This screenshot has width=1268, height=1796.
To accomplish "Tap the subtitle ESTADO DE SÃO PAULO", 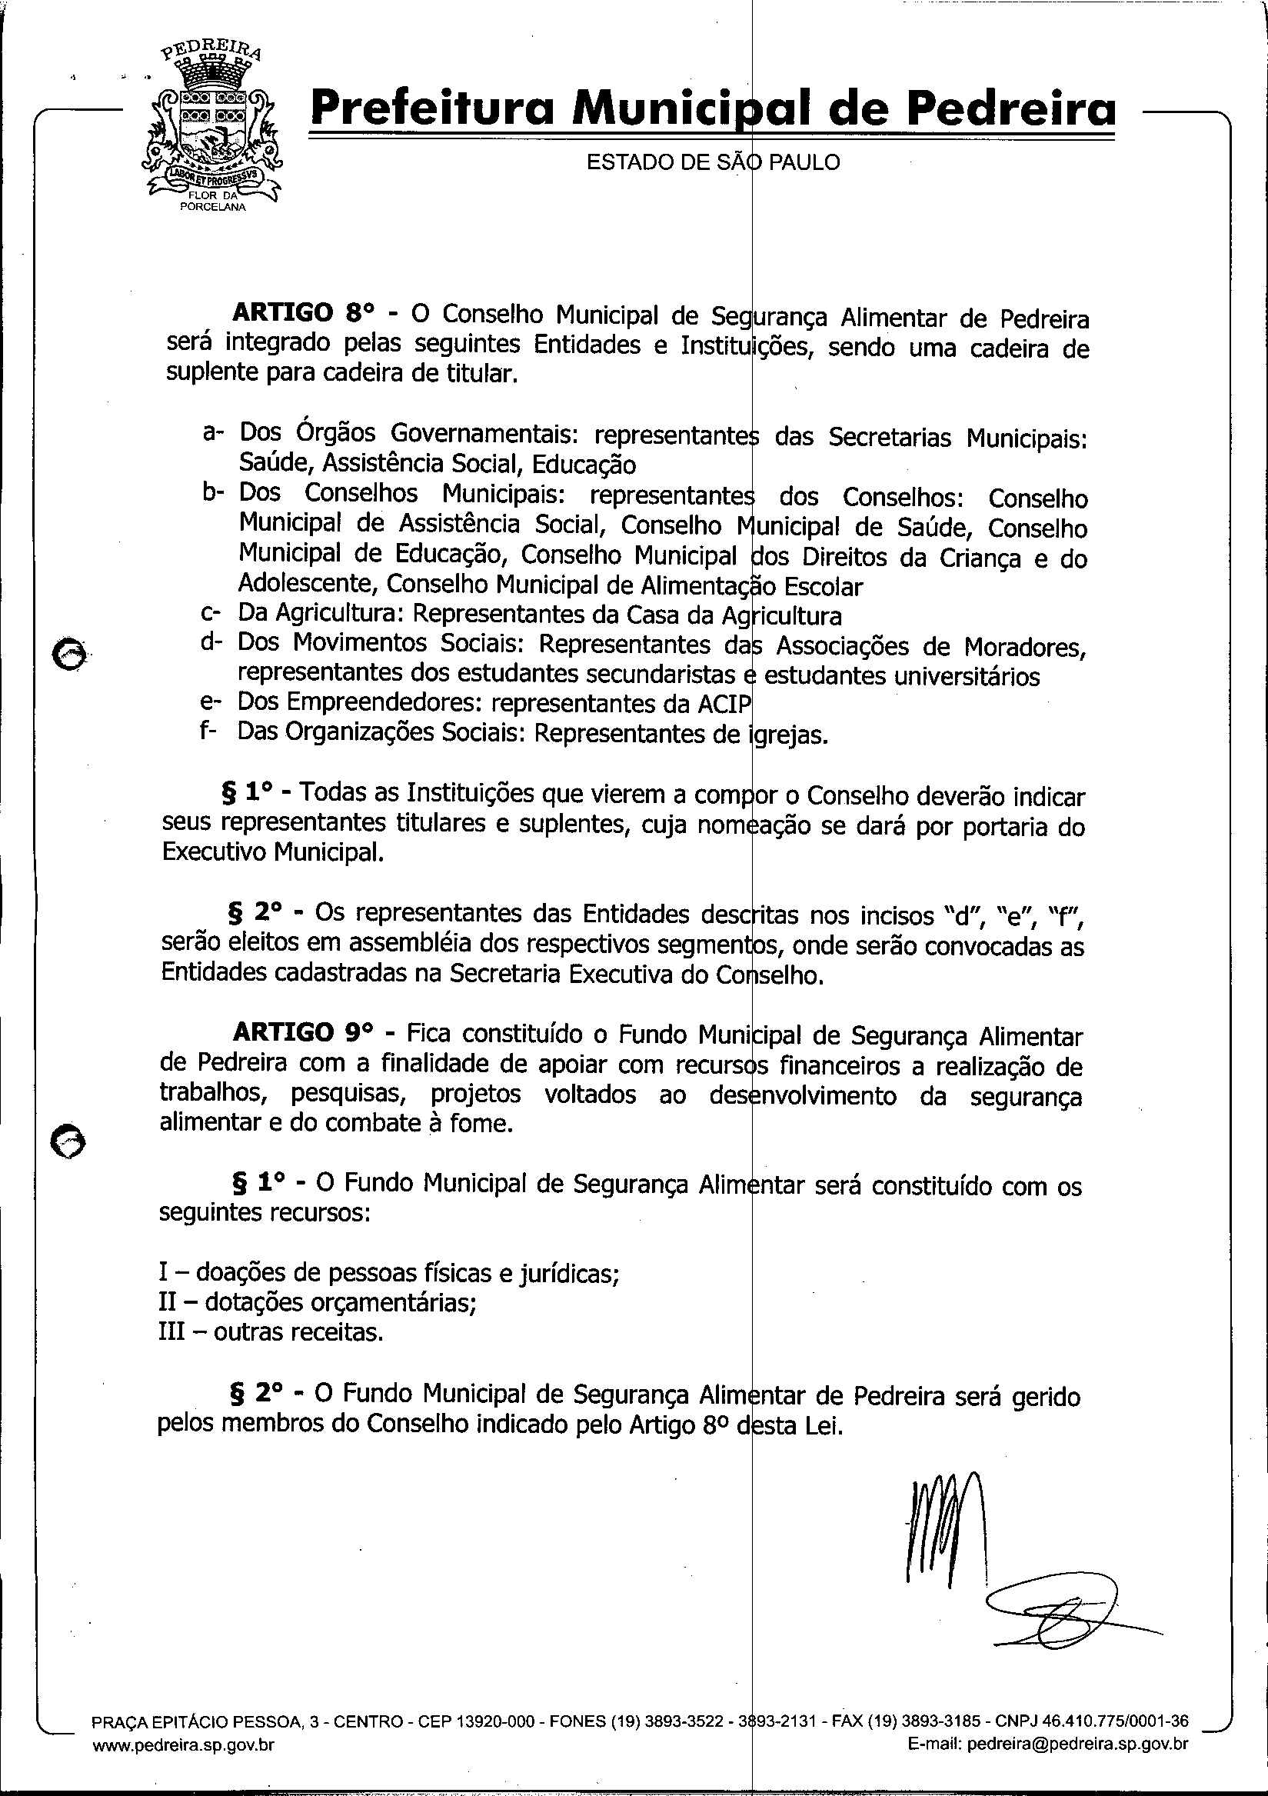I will (x=713, y=163).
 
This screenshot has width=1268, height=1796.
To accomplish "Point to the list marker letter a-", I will (x=213, y=432).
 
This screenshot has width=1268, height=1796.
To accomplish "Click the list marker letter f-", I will (x=210, y=733).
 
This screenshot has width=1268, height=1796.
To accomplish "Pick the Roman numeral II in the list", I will (x=168, y=1302).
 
